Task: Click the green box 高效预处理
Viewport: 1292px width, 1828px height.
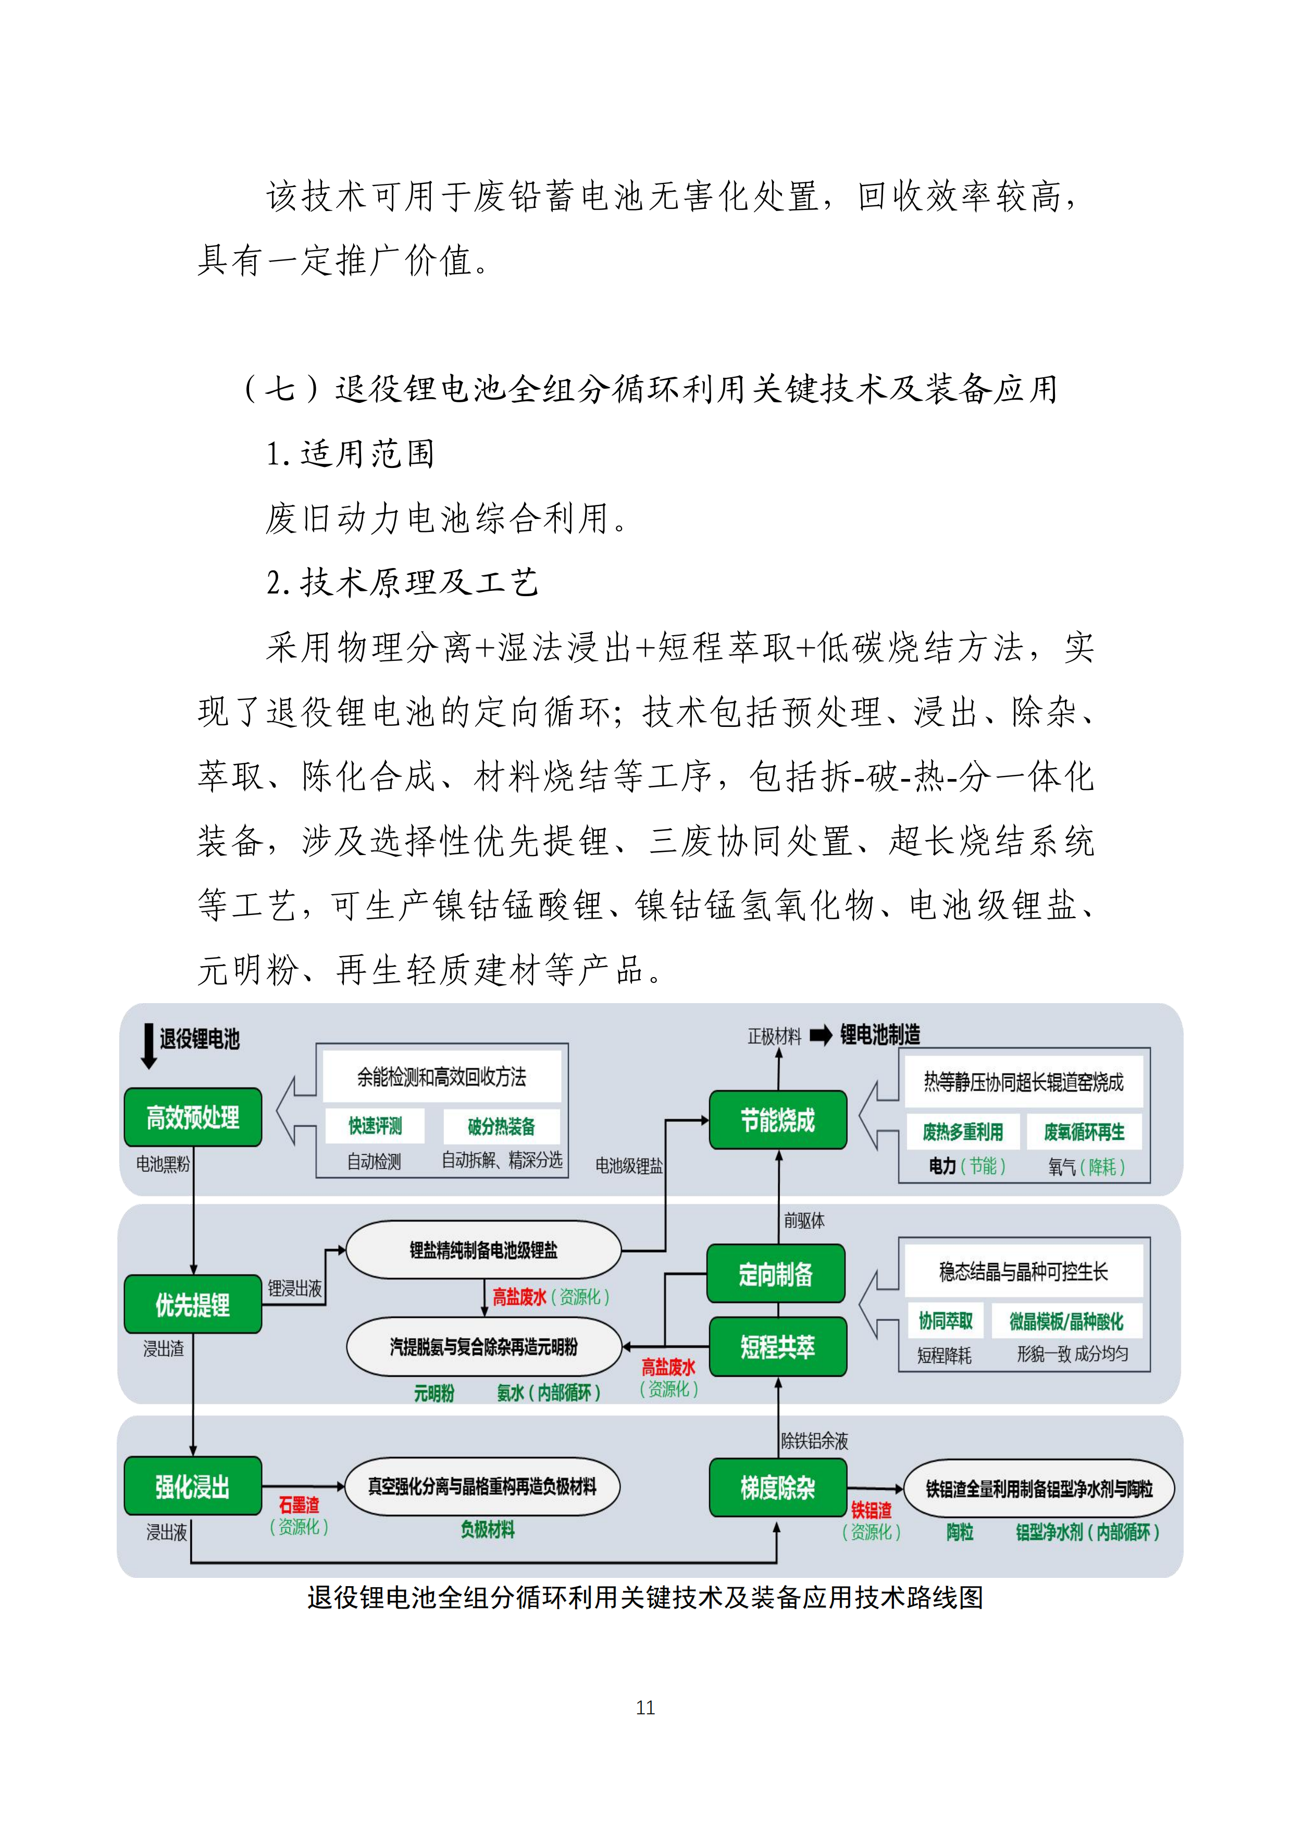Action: click(193, 1117)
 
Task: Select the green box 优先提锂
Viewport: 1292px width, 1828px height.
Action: click(193, 1304)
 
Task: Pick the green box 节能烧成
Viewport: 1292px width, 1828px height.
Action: click(778, 1119)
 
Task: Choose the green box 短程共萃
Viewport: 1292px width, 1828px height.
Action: click(778, 1347)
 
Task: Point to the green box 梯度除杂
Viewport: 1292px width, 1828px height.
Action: click(778, 1487)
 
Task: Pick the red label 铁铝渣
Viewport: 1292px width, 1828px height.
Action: click(871, 1510)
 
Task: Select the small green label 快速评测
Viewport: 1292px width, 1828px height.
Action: click(375, 1126)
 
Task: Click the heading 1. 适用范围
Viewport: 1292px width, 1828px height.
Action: click(350, 454)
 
